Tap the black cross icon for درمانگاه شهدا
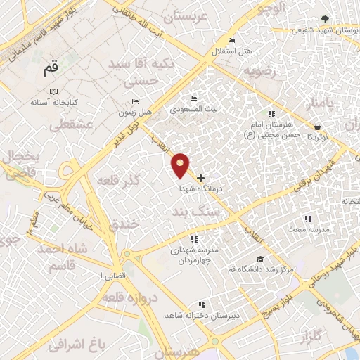[x=201, y=178]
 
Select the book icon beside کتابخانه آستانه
[x=54, y=91]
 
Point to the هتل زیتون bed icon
[x=136, y=101]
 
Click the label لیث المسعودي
[x=195, y=110]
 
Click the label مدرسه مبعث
[x=304, y=229]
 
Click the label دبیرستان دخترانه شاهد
[x=202, y=316]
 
